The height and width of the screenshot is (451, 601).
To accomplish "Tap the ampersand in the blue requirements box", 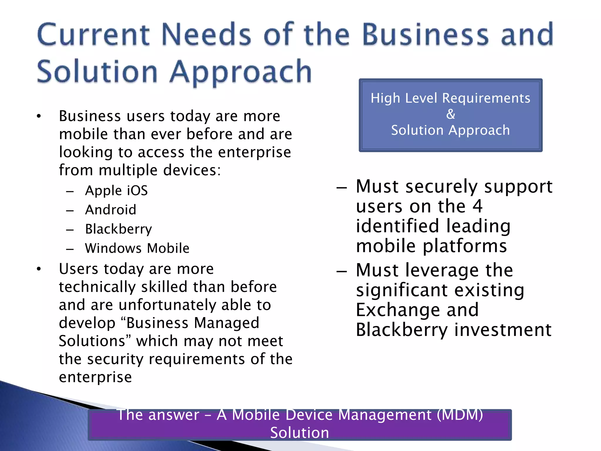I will [450, 114].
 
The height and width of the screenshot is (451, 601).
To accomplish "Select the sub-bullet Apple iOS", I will [116, 191].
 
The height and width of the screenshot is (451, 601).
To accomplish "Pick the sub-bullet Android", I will [111, 210].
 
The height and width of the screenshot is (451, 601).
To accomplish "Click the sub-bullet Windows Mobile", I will [137, 248].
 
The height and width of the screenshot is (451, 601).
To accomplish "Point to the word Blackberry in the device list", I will [119, 229].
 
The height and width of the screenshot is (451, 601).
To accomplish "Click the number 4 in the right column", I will [477, 206].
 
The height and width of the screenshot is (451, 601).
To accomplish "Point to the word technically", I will [97, 287].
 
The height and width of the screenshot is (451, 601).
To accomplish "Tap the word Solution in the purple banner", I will [300, 433].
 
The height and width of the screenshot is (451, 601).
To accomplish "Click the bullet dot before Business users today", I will [39, 117].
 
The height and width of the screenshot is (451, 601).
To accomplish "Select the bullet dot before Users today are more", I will [39, 269].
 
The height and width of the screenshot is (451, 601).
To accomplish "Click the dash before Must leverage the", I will [342, 271].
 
